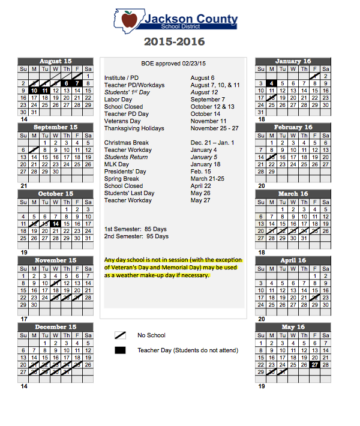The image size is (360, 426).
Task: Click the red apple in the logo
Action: pos(129,20)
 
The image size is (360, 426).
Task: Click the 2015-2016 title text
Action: pos(174,42)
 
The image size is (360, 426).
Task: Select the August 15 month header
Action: pos(56,61)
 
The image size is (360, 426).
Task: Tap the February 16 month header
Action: pos(293,127)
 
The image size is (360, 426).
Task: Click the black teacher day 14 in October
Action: pos(56,223)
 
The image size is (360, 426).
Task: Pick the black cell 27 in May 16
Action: pos(315,364)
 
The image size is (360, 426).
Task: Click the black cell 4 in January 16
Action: pos(272,83)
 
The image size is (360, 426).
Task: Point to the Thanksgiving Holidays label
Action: pos(134,128)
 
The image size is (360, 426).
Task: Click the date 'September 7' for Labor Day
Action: pos(208,100)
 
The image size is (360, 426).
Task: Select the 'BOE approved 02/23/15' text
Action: pos(173,64)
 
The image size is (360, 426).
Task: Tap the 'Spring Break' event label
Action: pos(122,179)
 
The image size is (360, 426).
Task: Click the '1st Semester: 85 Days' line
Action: pos(136,229)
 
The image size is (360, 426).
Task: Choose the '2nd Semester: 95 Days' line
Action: pos(136,236)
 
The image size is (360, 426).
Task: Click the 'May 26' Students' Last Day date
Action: pos(200,193)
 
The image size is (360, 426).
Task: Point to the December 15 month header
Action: pos(56,327)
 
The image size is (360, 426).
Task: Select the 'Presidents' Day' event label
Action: pos(125,172)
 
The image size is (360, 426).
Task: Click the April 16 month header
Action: pos(293,261)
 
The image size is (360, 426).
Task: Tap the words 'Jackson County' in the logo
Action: pos(189,19)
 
